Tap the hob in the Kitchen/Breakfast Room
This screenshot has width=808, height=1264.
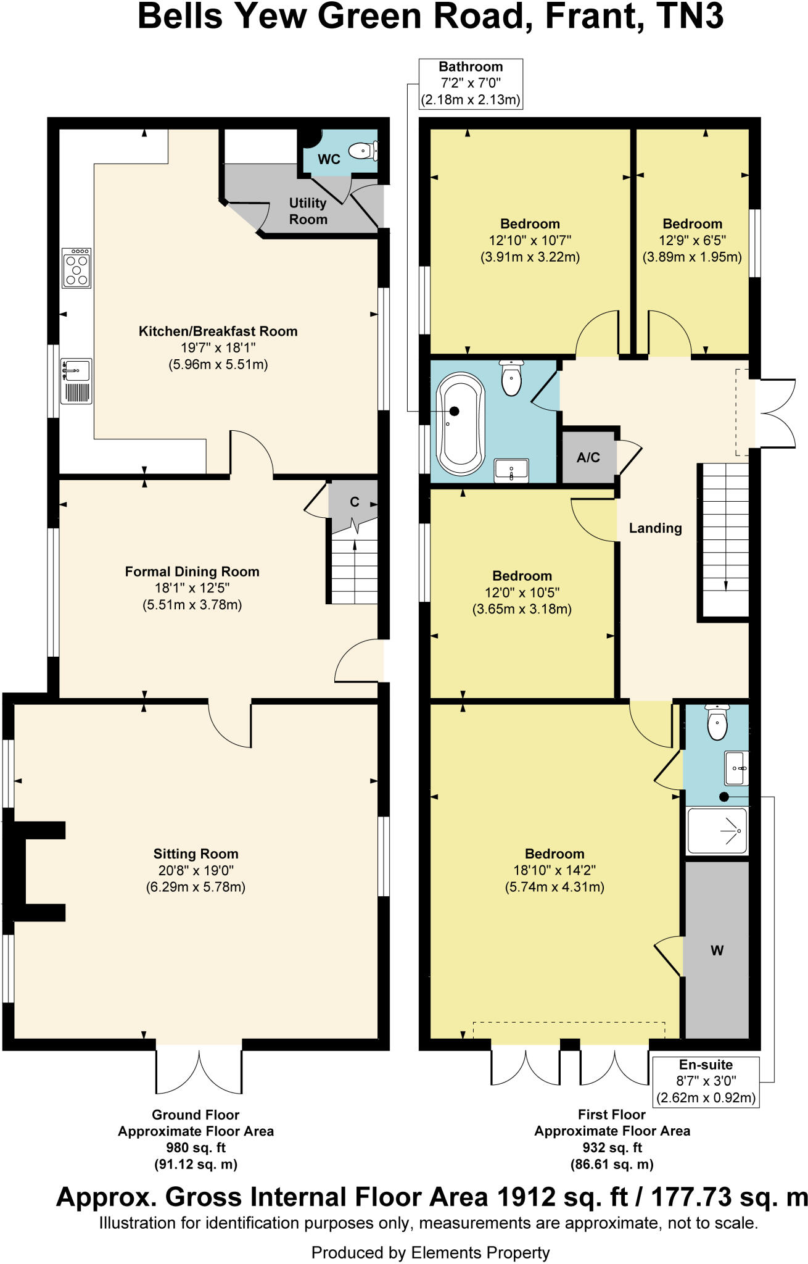coord(77,268)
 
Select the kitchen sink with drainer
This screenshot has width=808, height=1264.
coord(76,381)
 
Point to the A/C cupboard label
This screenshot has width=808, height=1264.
coord(588,458)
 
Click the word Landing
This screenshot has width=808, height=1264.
coord(655,528)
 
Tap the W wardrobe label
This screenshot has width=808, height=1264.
coord(717,950)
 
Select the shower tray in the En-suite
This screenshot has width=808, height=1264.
coord(717,831)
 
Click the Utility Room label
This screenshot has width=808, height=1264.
coord(308,211)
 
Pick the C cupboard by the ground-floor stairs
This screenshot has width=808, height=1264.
coord(354,502)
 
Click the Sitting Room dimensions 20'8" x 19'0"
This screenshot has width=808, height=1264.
coord(196,871)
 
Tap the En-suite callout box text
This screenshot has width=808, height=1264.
coord(706,1081)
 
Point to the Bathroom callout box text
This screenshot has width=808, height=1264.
coord(471,83)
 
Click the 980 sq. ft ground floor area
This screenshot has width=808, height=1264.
coord(196,1148)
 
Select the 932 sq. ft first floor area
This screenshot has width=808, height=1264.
coord(612,1148)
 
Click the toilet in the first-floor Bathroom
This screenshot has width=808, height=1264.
coord(511,378)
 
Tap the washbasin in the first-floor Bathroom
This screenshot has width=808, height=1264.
coord(511,471)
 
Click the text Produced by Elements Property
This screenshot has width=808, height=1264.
coord(430,1252)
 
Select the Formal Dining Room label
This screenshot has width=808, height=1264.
coord(192,572)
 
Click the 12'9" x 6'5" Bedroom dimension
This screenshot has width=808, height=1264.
coord(692,241)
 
